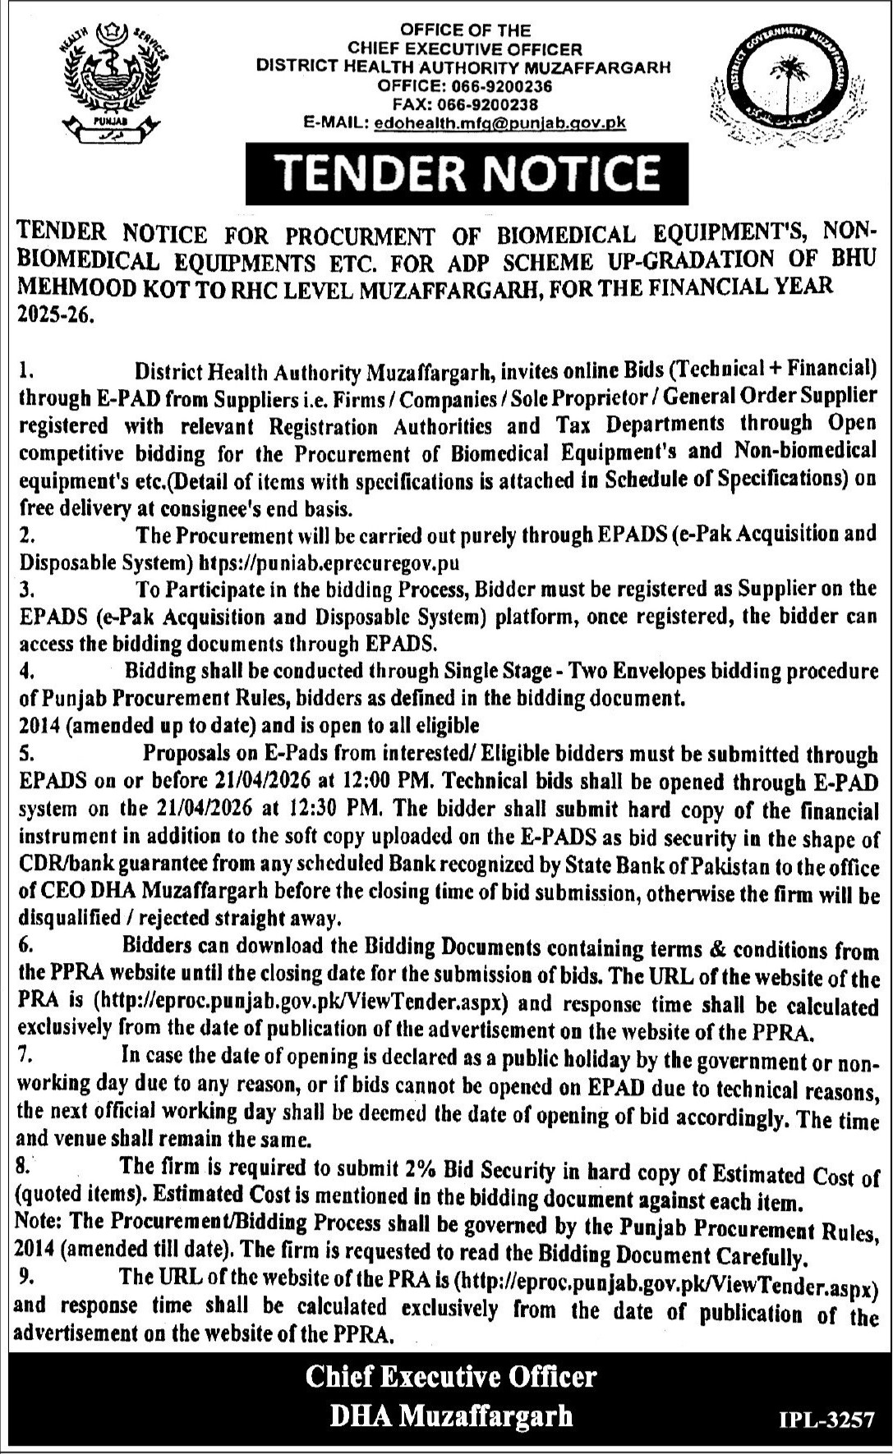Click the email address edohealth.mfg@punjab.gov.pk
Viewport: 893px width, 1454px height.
point(499,122)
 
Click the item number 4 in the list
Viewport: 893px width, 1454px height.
point(25,672)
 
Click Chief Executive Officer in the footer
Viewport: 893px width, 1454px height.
point(451,1377)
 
